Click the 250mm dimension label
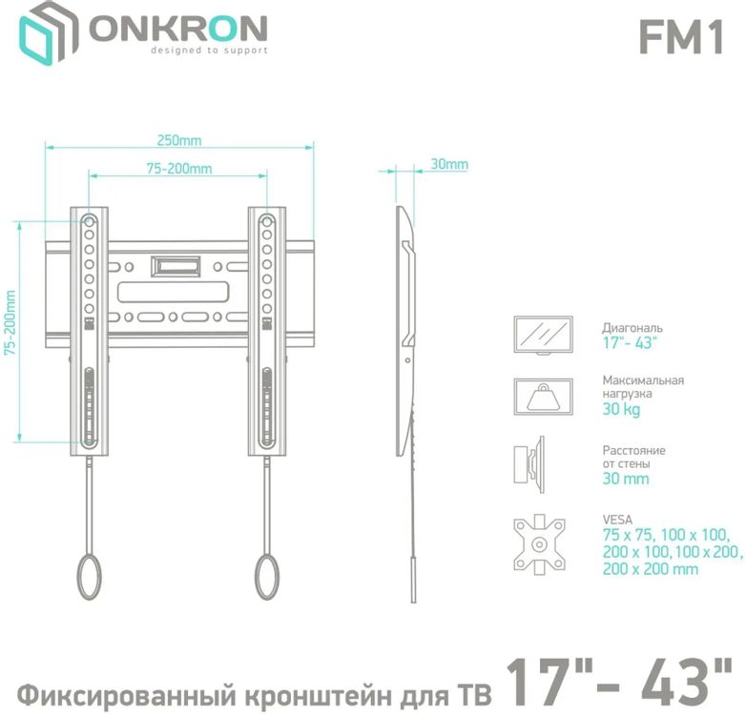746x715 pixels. [179, 140]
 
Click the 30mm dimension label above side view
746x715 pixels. [448, 164]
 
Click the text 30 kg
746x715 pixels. [621, 409]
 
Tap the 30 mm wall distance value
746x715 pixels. [625, 479]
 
